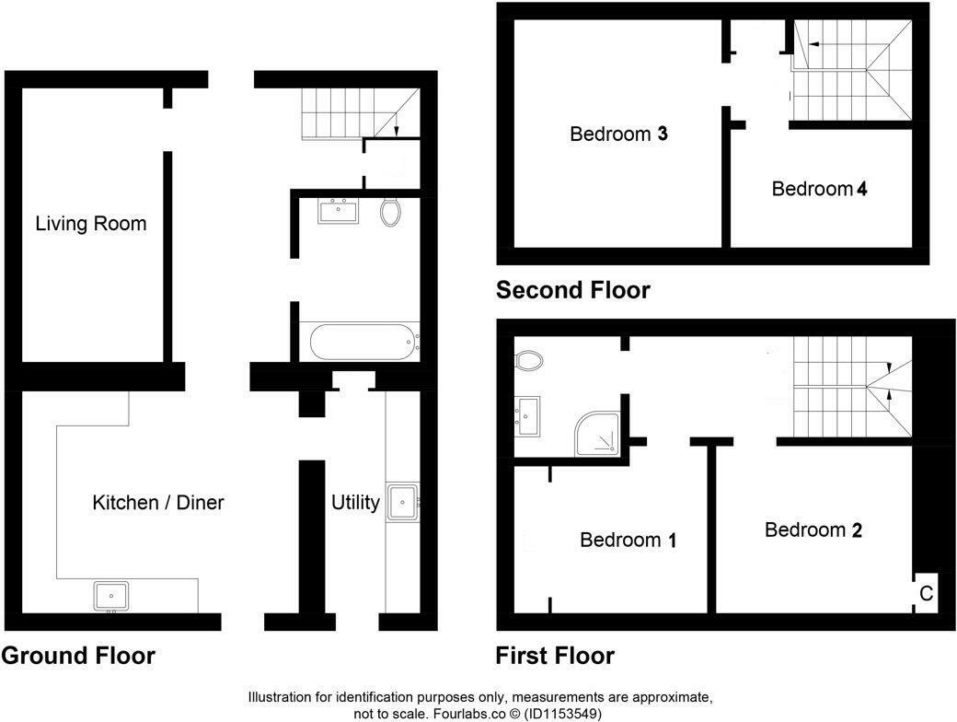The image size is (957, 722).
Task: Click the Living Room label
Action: [91, 224]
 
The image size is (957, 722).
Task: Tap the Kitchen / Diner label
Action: [158, 503]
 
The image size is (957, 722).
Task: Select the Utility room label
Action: [355, 503]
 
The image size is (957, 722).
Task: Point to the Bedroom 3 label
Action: [618, 134]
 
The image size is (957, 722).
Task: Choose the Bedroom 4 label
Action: [819, 189]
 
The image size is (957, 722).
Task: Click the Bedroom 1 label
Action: [628, 540]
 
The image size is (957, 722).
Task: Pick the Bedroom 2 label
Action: [813, 530]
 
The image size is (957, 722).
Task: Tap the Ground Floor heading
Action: [78, 656]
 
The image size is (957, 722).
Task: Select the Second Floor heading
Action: [573, 289]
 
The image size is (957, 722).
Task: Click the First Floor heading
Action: [555, 656]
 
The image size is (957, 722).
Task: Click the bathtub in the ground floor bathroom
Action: [364, 342]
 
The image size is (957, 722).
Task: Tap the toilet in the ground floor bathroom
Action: [390, 211]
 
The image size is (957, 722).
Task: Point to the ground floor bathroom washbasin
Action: [338, 211]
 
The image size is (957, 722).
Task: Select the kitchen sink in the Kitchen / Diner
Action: [111, 596]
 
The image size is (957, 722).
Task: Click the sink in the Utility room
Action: [402, 502]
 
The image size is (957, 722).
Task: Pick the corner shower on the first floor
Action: [597, 434]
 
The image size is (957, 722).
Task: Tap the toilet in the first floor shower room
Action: [529, 360]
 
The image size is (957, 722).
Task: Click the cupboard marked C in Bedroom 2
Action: [926, 593]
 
